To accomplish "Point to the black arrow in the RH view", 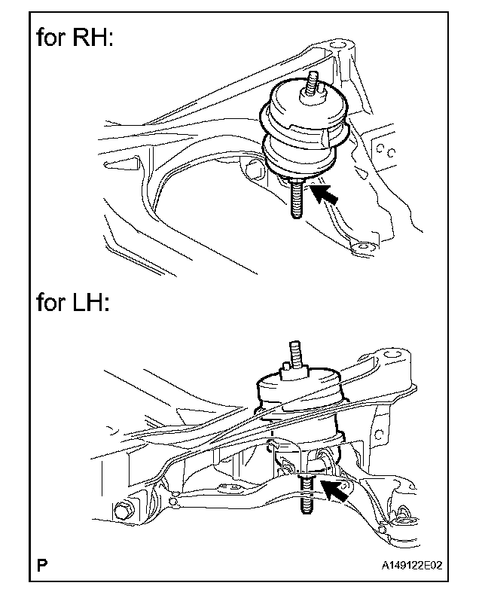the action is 325,194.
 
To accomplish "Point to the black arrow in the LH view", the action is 336,490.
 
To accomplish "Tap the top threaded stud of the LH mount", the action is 293,354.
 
